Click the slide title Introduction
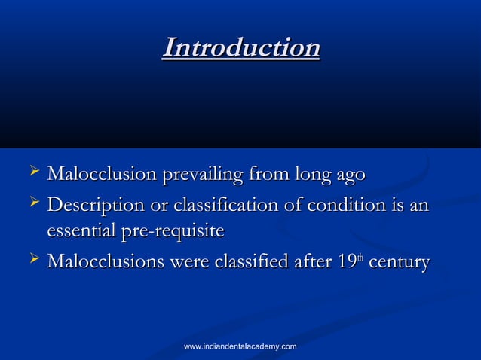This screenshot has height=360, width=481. coord(241,47)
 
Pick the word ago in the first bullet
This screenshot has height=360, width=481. coord(351,176)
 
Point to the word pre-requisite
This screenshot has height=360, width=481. coord(169,233)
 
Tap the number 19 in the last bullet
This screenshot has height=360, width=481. coord(347,263)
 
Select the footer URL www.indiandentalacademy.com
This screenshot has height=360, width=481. coord(240,346)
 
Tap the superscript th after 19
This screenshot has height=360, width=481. coord(361,258)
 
